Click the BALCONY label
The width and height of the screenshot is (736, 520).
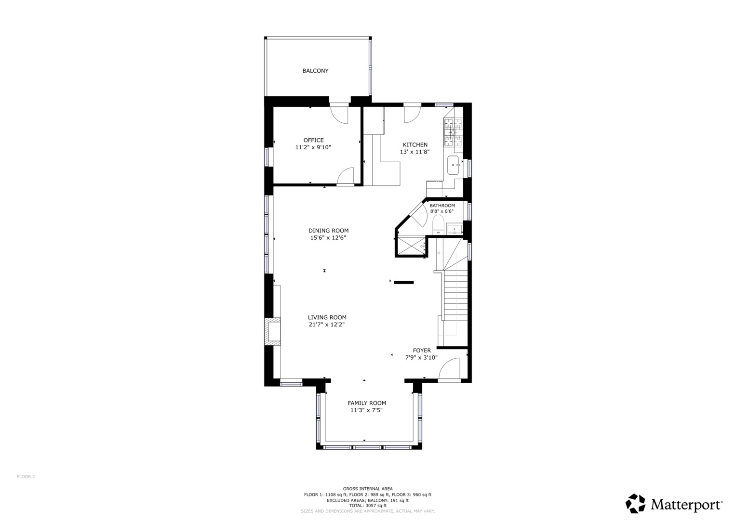click(315, 71)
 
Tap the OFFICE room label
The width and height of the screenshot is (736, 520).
click(313, 140)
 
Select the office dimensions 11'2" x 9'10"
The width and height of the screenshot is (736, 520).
click(313, 148)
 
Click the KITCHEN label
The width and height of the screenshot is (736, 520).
click(415, 144)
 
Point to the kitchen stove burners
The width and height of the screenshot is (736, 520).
click(453, 132)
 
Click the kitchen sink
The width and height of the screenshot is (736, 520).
click(453, 165)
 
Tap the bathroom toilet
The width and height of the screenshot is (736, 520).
click(438, 225)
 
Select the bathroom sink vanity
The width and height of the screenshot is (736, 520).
click(454, 229)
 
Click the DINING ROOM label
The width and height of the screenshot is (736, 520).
click(328, 231)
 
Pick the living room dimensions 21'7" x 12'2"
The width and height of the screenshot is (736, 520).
click(327, 325)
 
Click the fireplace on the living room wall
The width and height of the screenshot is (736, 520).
click(273, 331)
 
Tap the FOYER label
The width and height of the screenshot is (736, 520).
click(422, 351)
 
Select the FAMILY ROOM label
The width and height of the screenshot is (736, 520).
click(367, 403)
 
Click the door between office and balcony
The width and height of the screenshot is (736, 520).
click(339, 114)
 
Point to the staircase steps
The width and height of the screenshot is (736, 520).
click(455, 299)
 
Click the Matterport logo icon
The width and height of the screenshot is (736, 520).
click(635, 504)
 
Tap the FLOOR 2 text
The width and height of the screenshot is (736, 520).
click(26, 477)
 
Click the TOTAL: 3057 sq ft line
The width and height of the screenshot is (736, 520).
click(367, 506)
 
